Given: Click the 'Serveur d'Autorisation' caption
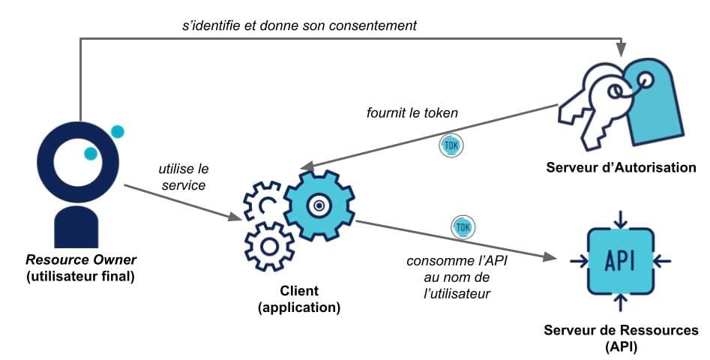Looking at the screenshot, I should [x=622, y=167].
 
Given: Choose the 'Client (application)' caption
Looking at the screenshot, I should [x=298, y=298].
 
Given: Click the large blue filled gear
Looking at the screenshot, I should [x=319, y=204].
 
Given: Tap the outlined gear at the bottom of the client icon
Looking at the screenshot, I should [x=270, y=246].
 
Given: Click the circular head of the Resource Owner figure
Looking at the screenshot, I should [x=76, y=160].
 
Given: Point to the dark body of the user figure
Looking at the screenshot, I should [x=76, y=227].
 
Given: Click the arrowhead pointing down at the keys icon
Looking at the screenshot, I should [x=622, y=49].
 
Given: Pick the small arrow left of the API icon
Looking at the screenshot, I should [x=577, y=261].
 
